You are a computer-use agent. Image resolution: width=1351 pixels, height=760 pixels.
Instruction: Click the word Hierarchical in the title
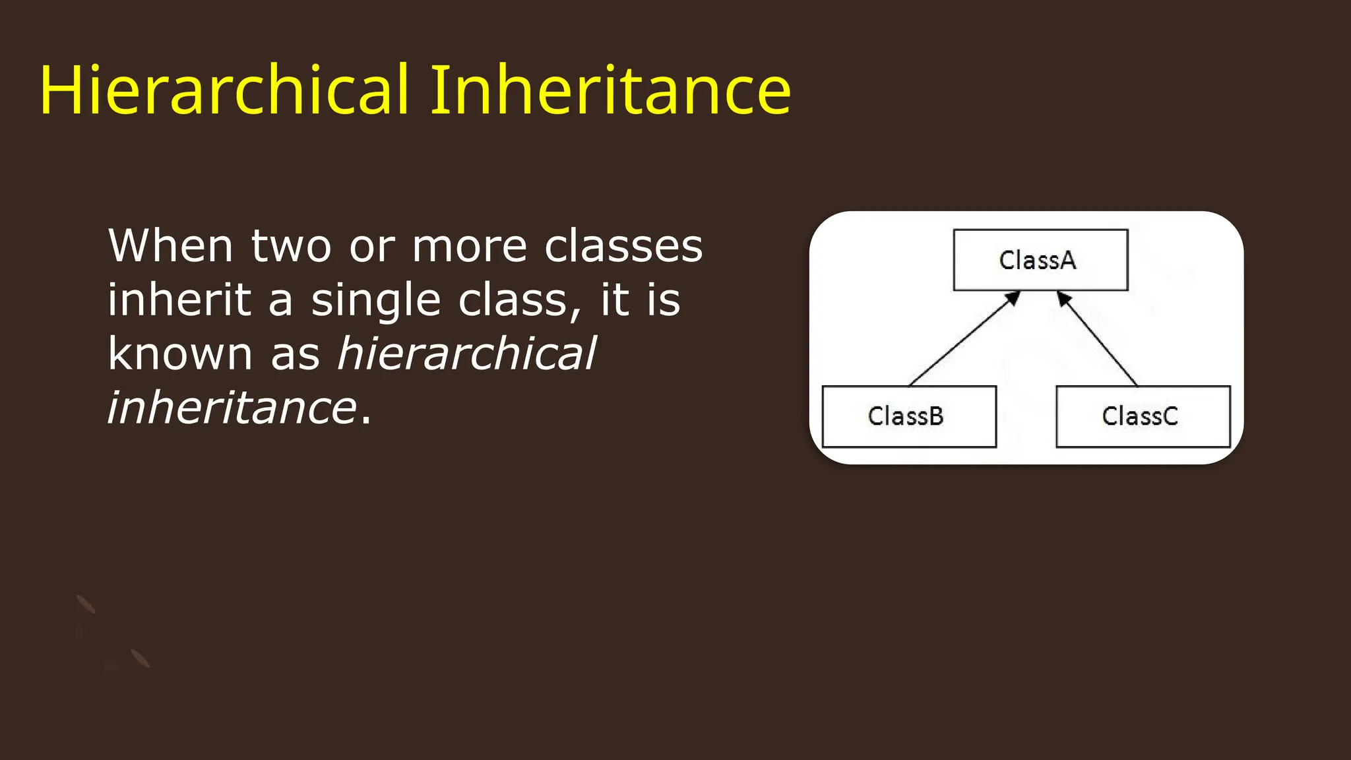point(224,91)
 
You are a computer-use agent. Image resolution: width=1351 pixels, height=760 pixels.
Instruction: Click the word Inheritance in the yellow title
point(610,91)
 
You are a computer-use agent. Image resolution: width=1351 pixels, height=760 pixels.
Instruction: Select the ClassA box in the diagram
point(1040,260)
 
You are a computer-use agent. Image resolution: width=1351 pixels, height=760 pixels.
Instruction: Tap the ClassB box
point(908,416)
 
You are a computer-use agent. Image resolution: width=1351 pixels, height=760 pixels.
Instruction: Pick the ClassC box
point(1143,416)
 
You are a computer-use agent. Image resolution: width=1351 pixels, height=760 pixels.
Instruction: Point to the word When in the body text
point(170,245)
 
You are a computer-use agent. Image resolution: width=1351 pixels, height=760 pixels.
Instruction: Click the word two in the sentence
point(291,245)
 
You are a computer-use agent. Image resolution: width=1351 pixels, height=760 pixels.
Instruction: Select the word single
point(375,301)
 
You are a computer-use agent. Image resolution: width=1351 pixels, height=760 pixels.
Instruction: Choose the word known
point(180,354)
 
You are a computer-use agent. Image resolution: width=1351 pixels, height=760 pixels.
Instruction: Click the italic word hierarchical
point(466,354)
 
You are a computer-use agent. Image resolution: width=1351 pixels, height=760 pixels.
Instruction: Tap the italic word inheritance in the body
point(232,408)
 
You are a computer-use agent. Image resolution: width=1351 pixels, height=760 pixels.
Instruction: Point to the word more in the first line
point(469,247)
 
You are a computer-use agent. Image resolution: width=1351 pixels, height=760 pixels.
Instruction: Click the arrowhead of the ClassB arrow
point(1014,298)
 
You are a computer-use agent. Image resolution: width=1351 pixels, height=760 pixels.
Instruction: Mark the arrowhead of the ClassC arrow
point(1063,298)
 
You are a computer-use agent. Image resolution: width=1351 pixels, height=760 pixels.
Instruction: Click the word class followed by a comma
point(514,300)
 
